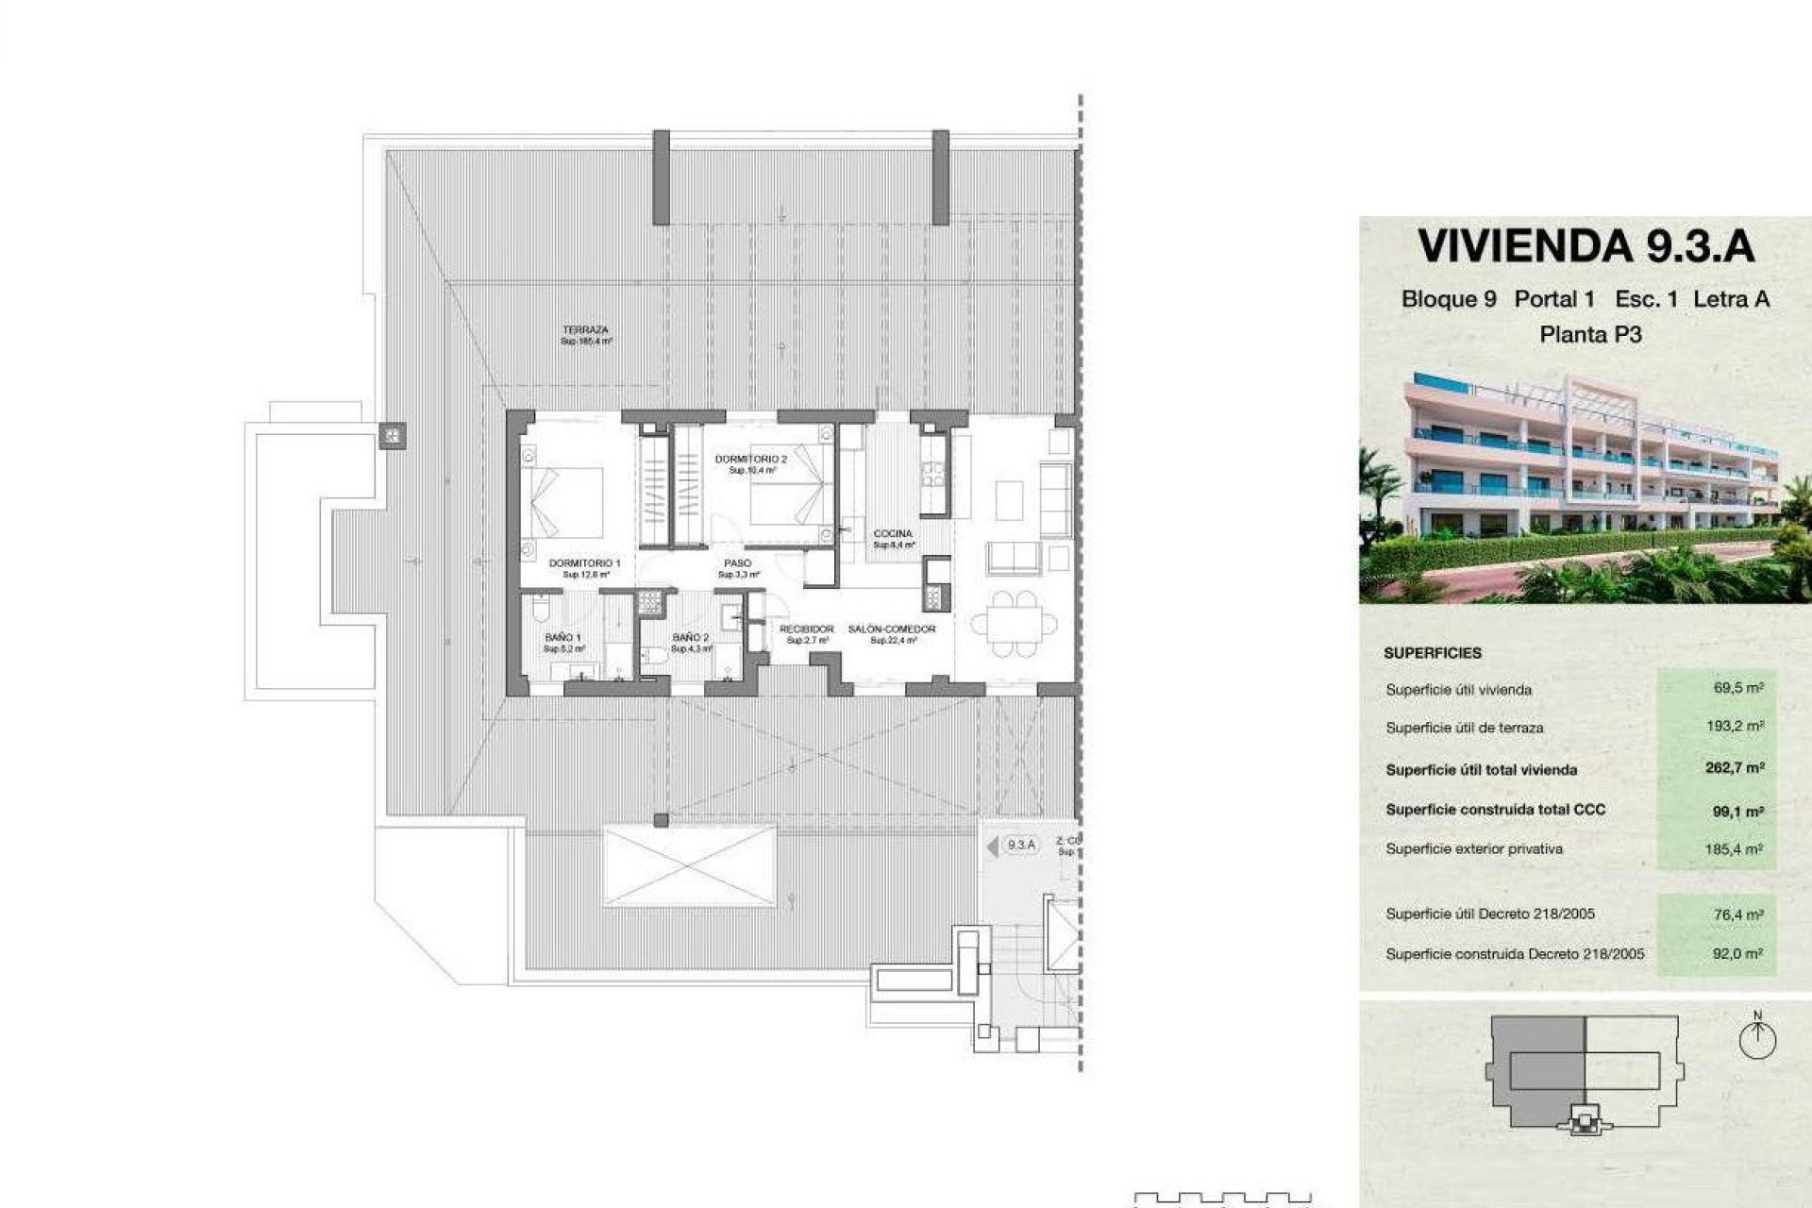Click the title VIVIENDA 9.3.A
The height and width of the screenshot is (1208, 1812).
(1585, 245)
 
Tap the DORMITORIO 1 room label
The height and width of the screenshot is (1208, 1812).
(584, 563)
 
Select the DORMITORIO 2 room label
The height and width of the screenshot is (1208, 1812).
(750, 460)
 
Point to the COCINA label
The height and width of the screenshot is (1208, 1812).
(892, 534)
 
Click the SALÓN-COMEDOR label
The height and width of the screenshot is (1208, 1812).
(891, 629)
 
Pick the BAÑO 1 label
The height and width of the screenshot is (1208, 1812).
(563, 638)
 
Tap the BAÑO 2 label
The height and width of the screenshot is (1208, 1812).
(690, 638)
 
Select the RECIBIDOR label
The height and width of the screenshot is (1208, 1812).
(806, 629)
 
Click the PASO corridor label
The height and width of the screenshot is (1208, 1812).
(737, 563)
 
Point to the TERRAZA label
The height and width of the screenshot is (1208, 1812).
(585, 330)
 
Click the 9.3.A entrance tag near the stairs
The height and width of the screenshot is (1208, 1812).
(1020, 845)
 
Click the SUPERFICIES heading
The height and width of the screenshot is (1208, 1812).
(1433, 653)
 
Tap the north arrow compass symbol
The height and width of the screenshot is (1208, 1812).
(1756, 1038)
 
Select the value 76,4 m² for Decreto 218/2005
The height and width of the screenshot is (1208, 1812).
(1738, 914)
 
